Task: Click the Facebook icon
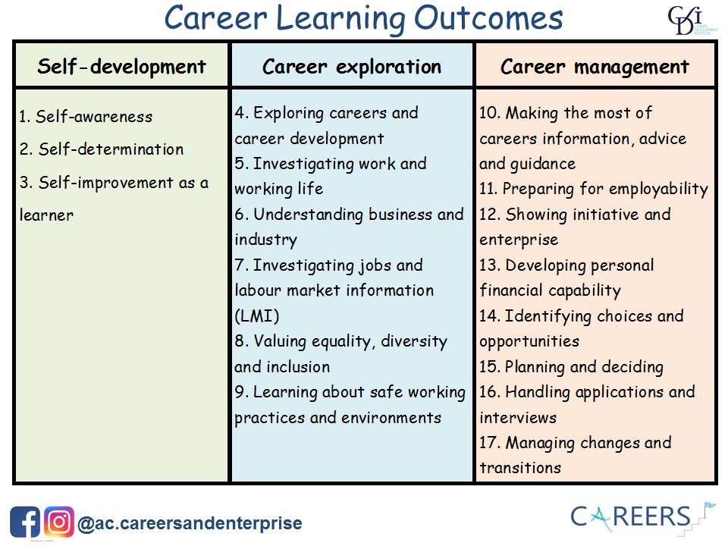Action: [x=25, y=522]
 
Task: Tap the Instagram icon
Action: [x=59, y=522]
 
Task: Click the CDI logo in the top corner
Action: [x=692, y=20]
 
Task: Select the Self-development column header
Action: [x=121, y=66]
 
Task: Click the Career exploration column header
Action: [x=352, y=66]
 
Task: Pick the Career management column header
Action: [x=595, y=66]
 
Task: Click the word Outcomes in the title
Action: [x=488, y=18]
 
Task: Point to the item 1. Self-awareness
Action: [x=86, y=117]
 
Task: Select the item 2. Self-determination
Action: [x=101, y=149]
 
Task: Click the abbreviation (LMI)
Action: [x=257, y=316]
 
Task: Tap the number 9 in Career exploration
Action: [x=240, y=392]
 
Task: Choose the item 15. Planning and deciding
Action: [x=571, y=367]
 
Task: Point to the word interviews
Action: [x=518, y=417]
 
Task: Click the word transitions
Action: [x=520, y=468]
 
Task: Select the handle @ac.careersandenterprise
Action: [x=190, y=523]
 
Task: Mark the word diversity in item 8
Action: [x=414, y=342]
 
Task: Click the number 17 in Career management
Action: [x=489, y=442]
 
